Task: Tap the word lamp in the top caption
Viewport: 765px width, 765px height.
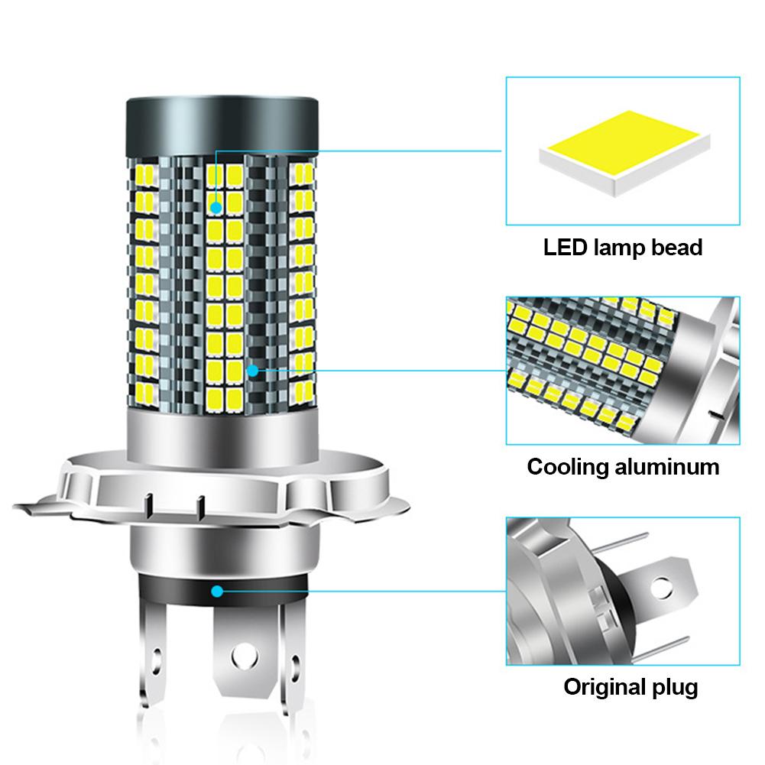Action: point(619,248)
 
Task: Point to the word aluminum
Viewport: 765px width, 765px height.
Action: point(668,467)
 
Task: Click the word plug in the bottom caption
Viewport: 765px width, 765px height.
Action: point(675,686)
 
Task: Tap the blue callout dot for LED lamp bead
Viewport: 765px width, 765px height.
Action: point(216,206)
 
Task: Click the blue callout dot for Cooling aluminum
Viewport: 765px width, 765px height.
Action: point(252,370)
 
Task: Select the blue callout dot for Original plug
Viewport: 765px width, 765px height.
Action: point(218,591)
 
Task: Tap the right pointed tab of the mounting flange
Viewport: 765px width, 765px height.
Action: point(397,506)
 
